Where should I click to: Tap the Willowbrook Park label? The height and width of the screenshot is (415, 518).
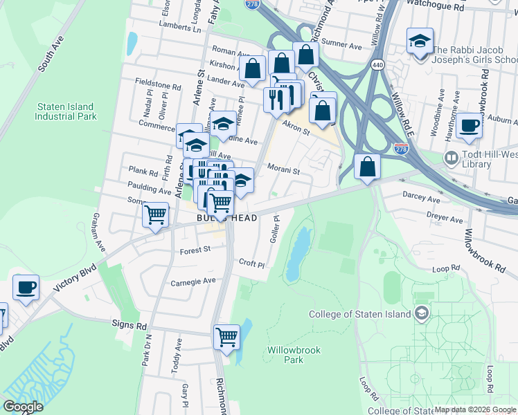point(294,355)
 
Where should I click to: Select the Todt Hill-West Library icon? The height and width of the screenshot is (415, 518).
point(452,158)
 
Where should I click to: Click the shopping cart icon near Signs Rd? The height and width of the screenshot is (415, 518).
point(226,338)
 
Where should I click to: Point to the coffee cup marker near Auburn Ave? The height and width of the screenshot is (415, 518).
point(470,126)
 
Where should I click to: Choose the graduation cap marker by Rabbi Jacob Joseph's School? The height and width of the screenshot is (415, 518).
point(420,41)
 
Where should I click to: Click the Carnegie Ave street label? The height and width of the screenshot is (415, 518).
point(193,282)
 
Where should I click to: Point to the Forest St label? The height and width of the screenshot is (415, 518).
point(195,250)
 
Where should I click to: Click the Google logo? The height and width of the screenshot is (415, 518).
point(23,407)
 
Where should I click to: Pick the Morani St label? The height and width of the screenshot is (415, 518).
point(283,171)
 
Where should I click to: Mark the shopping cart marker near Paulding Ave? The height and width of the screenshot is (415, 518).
point(156,215)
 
